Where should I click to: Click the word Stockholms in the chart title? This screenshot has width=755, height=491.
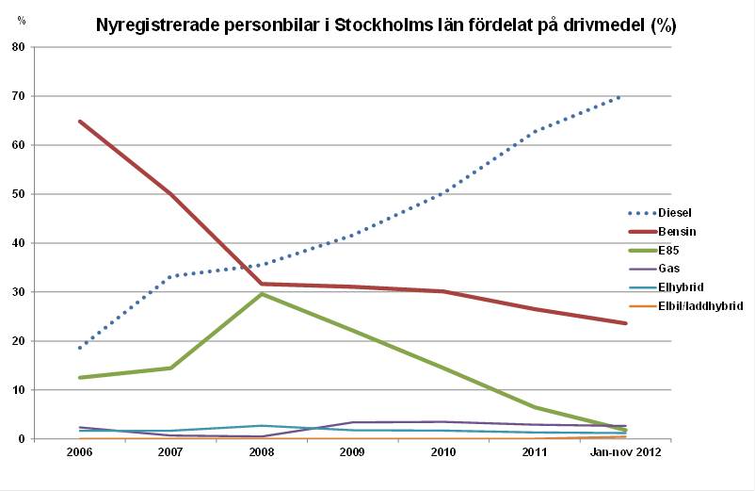point(381,26)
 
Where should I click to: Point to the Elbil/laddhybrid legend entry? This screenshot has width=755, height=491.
point(700,305)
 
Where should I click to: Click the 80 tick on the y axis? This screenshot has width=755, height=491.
point(19,47)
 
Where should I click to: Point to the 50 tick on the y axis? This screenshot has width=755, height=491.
point(19,194)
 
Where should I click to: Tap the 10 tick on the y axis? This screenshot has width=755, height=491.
point(19,390)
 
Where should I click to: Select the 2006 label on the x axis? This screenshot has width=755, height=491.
point(80,453)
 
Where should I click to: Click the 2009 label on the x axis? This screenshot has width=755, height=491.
point(352,453)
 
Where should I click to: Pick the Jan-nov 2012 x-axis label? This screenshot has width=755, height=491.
point(625,453)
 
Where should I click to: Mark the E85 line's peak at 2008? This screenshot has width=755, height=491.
point(262,294)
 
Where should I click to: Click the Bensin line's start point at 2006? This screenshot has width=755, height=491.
point(80,121)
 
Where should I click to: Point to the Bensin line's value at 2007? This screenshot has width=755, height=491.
point(170,193)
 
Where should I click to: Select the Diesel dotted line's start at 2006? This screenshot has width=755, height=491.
point(80,348)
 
